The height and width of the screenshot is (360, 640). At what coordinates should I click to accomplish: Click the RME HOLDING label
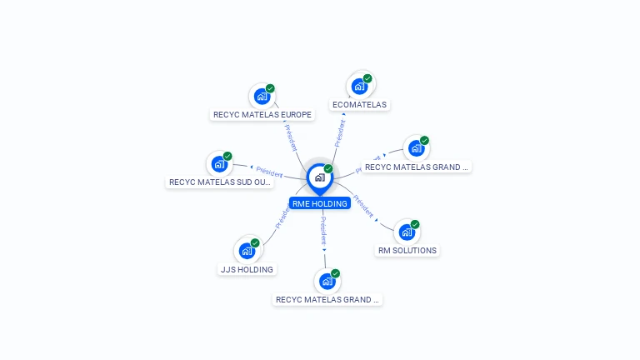pyautogui.click(x=319, y=203)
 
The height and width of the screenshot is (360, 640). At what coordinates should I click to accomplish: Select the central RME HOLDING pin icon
pyautogui.click(x=318, y=177)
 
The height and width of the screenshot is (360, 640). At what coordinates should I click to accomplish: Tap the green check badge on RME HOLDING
pyautogui.click(x=328, y=168)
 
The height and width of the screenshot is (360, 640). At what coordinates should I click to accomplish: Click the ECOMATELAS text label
pyautogui.click(x=359, y=105)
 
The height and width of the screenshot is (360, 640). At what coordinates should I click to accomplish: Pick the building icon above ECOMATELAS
pyautogui.click(x=358, y=86)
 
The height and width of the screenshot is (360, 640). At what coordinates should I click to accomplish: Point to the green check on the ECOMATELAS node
pyautogui.click(x=367, y=78)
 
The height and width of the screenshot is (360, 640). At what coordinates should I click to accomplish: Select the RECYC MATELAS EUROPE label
pyautogui.click(x=262, y=115)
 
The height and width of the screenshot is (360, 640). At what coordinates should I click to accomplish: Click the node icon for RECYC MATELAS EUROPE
pyautogui.click(x=262, y=96)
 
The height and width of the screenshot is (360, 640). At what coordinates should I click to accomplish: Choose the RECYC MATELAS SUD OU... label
pyautogui.click(x=220, y=182)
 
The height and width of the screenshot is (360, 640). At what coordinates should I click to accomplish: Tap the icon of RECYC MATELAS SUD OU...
pyautogui.click(x=218, y=163)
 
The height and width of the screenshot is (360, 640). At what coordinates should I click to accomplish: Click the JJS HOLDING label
pyautogui.click(x=247, y=269)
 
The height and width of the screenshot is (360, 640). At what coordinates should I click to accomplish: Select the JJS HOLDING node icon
pyautogui.click(x=246, y=250)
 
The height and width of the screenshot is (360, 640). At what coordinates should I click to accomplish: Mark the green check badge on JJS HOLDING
pyautogui.click(x=255, y=242)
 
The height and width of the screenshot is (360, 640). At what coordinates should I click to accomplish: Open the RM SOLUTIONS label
pyautogui.click(x=407, y=250)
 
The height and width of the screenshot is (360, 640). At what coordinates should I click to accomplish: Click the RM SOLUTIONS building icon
pyautogui.click(x=406, y=232)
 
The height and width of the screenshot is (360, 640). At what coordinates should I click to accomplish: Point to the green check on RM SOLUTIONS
pyautogui.click(x=415, y=224)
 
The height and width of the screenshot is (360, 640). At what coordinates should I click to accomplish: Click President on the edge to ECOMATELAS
pyautogui.click(x=340, y=133)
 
